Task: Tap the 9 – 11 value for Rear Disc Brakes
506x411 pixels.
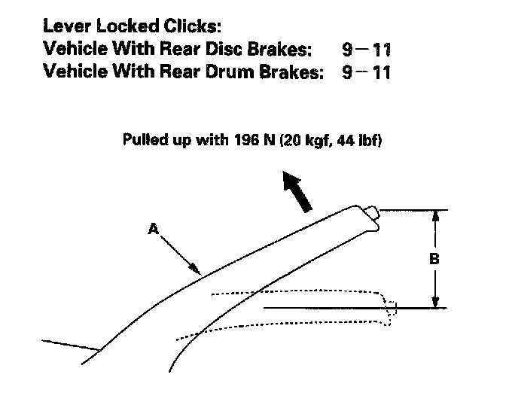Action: [x=365, y=50]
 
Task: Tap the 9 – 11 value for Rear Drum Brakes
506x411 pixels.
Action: [x=365, y=73]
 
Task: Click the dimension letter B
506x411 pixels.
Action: [x=434, y=258]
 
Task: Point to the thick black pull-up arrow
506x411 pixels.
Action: [x=297, y=191]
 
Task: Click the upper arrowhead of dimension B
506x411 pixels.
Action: [x=434, y=215]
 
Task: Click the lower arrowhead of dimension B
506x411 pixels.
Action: [x=434, y=303]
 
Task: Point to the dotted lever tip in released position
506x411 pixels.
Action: [x=390, y=309]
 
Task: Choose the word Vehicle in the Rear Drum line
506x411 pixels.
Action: [x=75, y=73]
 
